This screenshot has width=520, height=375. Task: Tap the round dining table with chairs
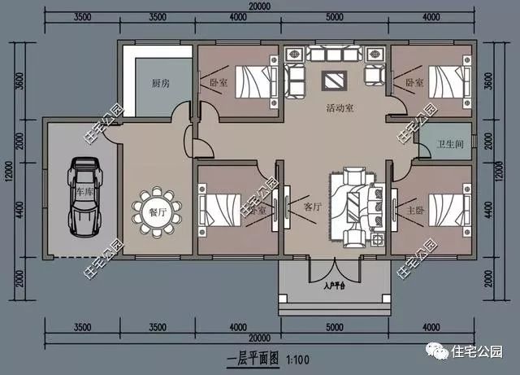[x=153, y=210]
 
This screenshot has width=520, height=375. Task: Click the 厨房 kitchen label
[x=160, y=84]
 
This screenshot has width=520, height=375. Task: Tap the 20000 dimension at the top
[x=260, y=7]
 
